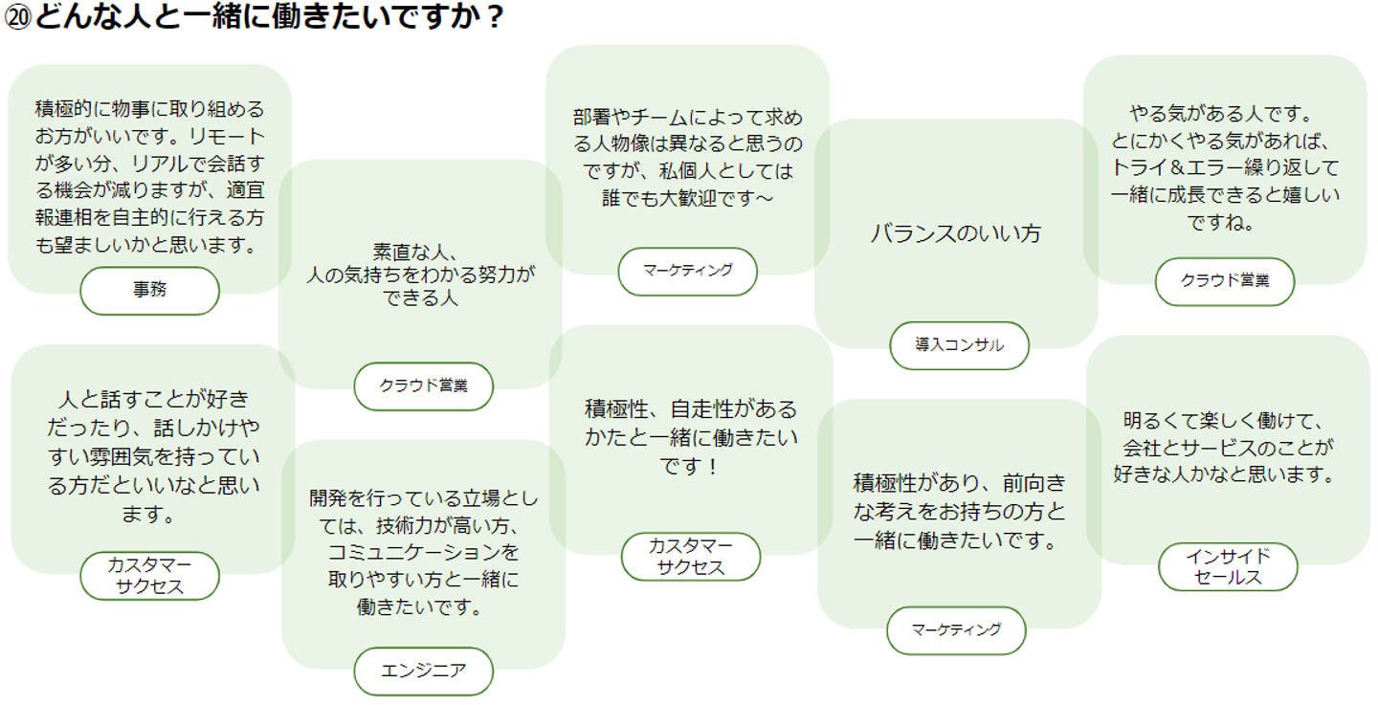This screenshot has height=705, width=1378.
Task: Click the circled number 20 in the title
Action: click(x=17, y=16)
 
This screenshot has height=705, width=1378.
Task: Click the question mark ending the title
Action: click(x=494, y=16)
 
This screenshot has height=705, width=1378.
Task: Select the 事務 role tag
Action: click(x=149, y=291)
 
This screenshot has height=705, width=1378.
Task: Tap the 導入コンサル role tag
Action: click(x=959, y=345)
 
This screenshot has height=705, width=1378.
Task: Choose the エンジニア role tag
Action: click(x=423, y=672)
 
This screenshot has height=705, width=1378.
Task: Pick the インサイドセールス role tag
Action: click(x=1228, y=566)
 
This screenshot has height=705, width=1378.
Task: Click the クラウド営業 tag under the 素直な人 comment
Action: click(x=423, y=386)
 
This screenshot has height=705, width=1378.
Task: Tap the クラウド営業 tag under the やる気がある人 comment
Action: click(x=1225, y=281)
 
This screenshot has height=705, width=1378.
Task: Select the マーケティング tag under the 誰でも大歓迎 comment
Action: click(x=688, y=272)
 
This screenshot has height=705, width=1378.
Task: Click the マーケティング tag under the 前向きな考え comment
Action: click(x=956, y=630)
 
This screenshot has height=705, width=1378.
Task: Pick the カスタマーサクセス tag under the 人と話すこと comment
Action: click(x=149, y=576)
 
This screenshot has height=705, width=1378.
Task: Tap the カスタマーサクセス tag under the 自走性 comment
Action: click(x=691, y=557)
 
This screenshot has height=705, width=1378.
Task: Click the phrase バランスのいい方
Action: click(x=955, y=233)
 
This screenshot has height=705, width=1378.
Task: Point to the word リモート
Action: click(x=227, y=136)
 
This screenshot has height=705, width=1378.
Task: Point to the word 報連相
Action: click(x=63, y=218)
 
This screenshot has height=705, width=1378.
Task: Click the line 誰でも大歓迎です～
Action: click(x=688, y=198)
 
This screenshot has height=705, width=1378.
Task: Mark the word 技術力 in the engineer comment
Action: click(x=404, y=525)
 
